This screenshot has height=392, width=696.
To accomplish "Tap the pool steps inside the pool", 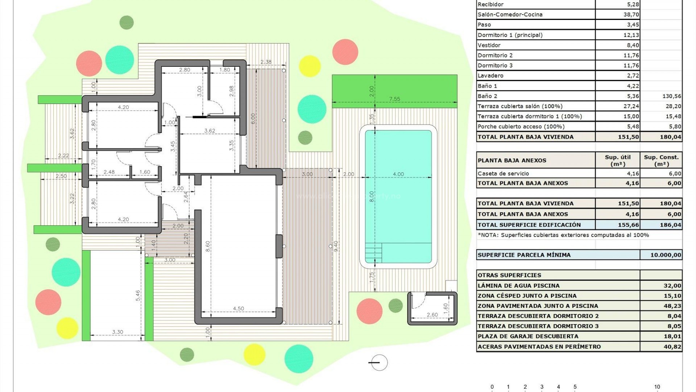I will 373,252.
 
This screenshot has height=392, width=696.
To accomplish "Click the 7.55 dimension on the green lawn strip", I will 394,99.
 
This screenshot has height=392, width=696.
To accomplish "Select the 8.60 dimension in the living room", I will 208,246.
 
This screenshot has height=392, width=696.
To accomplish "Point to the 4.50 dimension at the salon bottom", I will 238,309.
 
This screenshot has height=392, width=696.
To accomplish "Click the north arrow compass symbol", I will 379,362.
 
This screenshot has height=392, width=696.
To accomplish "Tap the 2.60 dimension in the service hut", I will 432,315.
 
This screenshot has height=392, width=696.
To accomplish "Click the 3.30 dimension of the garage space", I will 117,332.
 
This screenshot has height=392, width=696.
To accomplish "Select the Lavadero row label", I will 490,75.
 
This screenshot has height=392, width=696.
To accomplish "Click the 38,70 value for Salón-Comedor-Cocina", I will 631,15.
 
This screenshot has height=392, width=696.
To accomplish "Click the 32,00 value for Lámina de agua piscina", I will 672,286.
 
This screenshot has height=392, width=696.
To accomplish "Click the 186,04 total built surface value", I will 670,225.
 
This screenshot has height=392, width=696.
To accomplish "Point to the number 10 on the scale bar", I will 657,387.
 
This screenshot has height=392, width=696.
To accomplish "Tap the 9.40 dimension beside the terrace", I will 336,246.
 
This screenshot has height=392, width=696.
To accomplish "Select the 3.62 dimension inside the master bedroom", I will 210,131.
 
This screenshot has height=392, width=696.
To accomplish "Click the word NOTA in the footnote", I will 488,235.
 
